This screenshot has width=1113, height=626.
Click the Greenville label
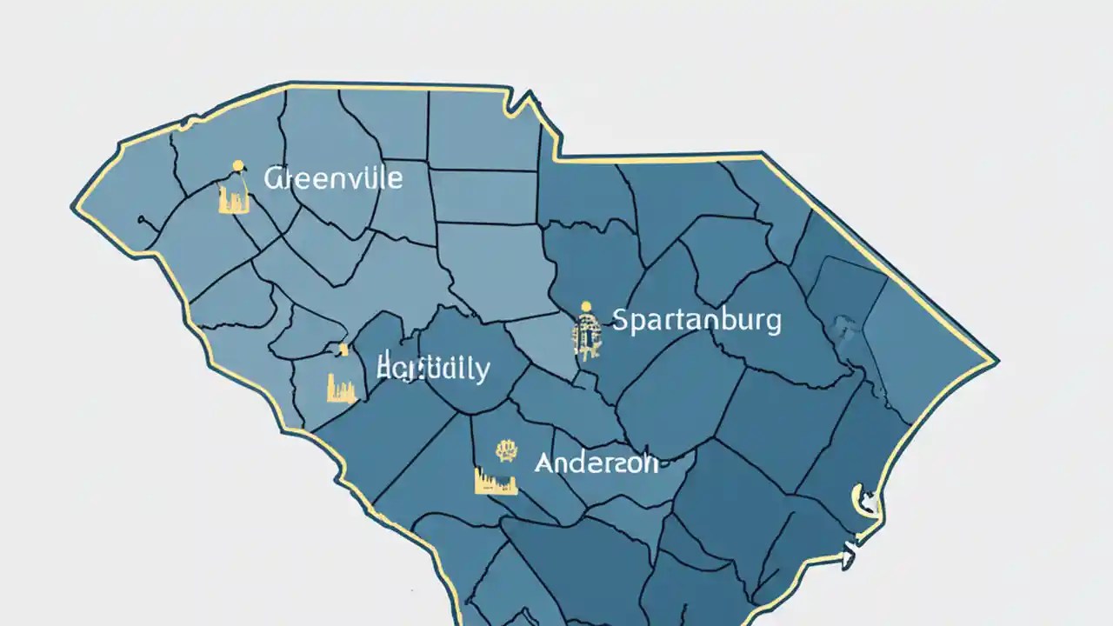pos(333,179)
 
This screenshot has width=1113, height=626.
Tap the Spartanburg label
pos(696,320)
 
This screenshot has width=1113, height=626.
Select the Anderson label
pos(596,463)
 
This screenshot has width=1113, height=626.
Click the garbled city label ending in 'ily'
pos(433,369)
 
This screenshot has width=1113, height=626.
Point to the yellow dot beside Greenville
pos(237,166)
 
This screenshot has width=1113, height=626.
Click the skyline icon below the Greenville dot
pos(234,199)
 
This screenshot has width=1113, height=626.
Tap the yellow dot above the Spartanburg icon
pos(587,306)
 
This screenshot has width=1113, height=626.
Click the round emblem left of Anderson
pos(505,450)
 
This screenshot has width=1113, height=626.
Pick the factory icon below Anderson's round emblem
pos(496,481)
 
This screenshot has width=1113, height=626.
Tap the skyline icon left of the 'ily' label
pos(341,387)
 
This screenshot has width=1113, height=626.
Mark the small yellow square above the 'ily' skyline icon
pos(343,350)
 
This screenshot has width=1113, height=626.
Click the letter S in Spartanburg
pos(621,320)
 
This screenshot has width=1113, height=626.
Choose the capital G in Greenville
pos(273,179)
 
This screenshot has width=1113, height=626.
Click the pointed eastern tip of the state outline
pos(996,359)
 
